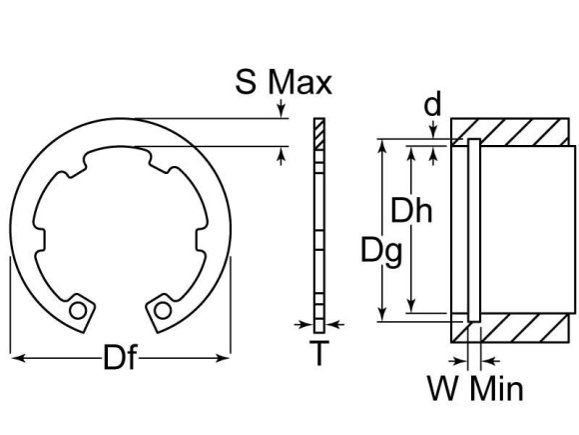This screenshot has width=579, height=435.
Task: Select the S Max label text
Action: pyautogui.click(x=284, y=81)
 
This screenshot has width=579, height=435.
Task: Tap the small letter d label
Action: pyautogui.click(x=431, y=103)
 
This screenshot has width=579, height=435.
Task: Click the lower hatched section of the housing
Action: pyautogui.click(x=519, y=329)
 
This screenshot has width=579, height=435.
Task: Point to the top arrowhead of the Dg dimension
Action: pyautogui.click(x=380, y=145)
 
